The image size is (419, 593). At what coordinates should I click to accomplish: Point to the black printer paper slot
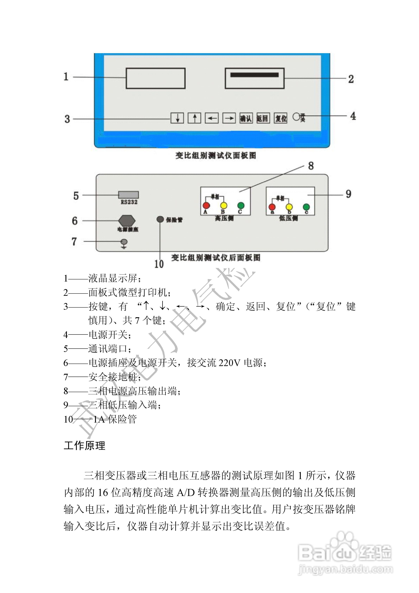254,75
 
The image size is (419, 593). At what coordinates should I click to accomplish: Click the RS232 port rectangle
128,195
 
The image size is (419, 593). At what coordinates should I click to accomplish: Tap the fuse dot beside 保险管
160,219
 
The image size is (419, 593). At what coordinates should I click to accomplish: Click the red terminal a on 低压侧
272,207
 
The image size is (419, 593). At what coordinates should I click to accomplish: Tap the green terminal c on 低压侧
306,207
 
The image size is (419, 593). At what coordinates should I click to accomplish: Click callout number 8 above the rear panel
311,166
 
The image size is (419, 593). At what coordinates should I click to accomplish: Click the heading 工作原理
84,445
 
